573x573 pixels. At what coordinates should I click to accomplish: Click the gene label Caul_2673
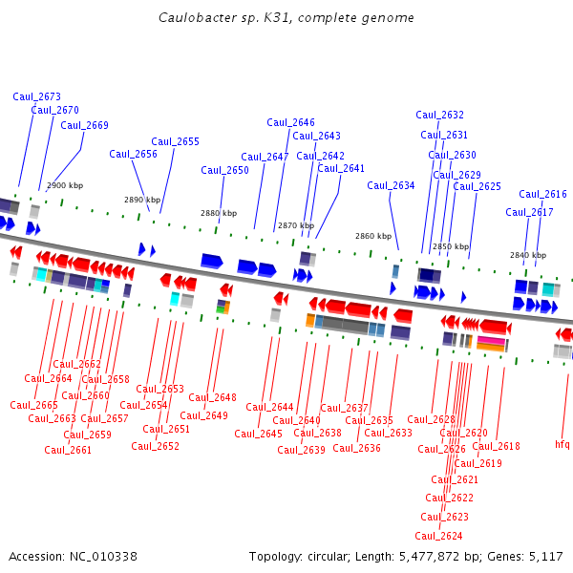37,96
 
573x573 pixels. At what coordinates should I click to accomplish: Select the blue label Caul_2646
290,122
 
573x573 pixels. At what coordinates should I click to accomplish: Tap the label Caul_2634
391,186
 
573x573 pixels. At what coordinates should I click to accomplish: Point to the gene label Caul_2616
542,195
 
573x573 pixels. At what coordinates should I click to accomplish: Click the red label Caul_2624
438,537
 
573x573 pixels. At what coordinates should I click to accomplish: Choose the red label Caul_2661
68,451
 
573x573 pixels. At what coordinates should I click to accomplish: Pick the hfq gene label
562,444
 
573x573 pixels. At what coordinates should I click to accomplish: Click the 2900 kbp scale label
65,185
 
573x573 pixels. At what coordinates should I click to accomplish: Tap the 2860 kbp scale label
373,236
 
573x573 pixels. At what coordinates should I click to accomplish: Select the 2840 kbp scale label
528,255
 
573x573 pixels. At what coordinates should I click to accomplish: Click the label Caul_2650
224,171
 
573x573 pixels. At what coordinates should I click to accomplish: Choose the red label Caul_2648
212,398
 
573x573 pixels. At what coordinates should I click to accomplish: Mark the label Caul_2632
439,116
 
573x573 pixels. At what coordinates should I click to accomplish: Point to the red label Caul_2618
496,447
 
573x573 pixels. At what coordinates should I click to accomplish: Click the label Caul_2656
133,155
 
